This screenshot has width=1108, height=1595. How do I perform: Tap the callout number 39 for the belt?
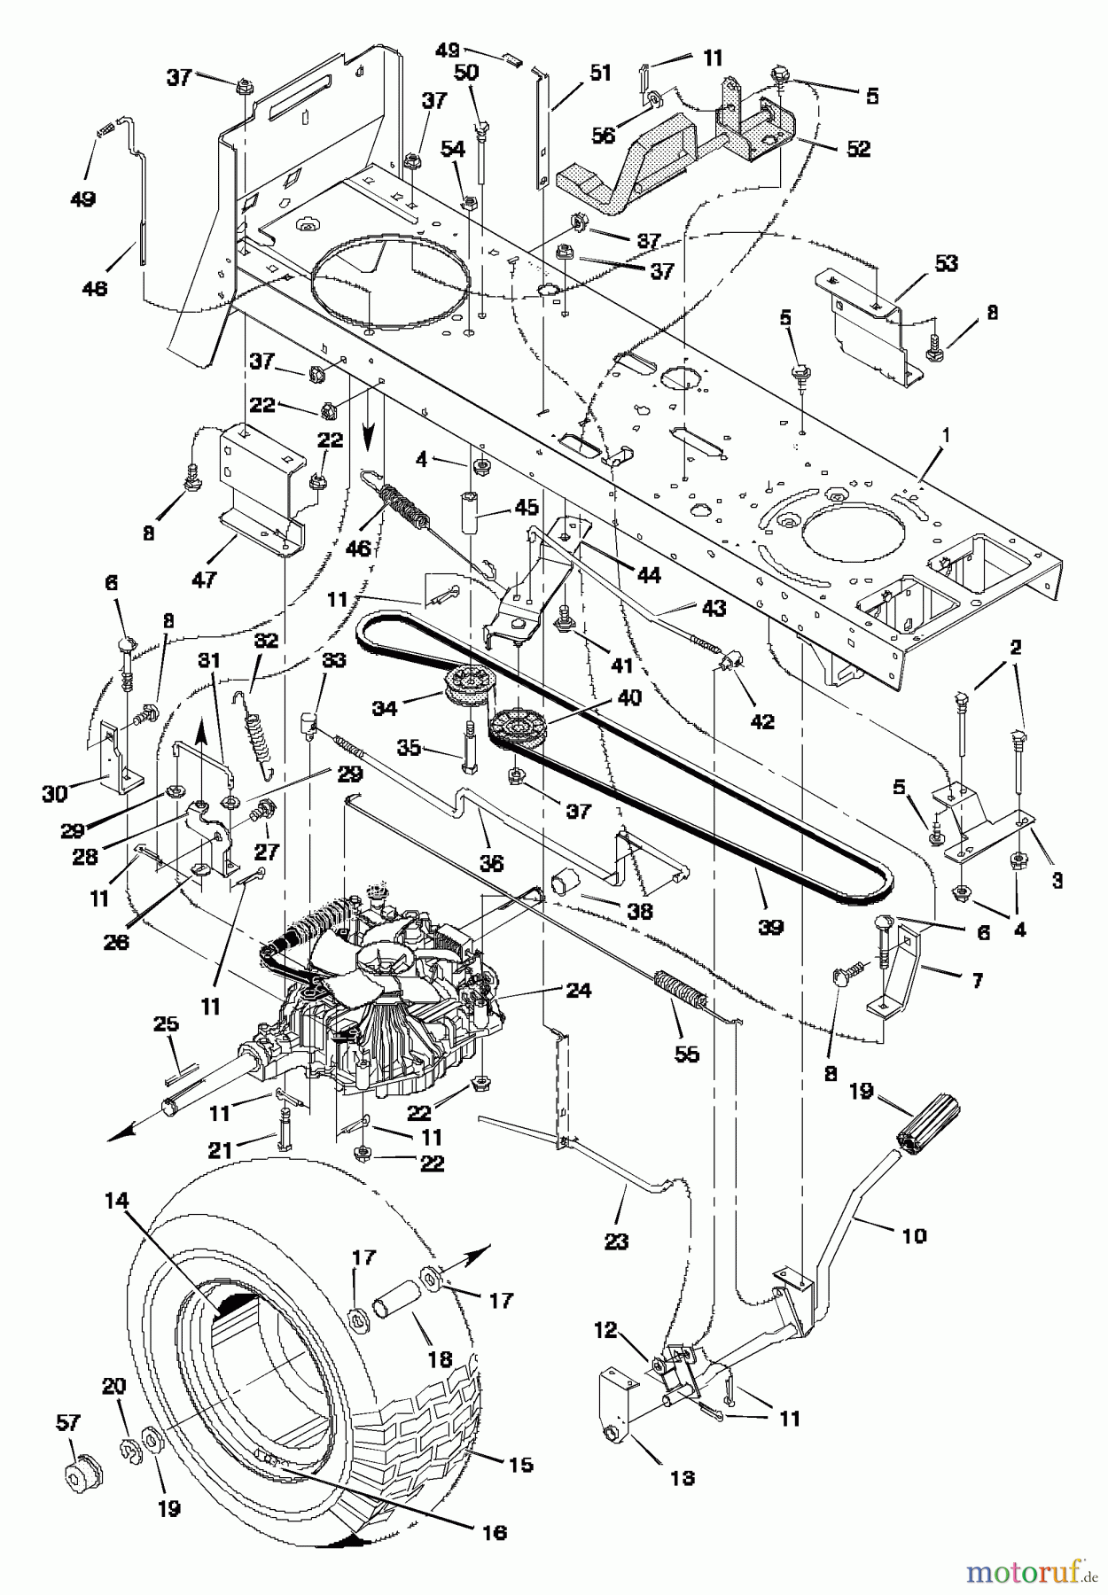(x=770, y=927)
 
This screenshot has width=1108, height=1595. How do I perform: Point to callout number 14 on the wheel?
(x=117, y=1202)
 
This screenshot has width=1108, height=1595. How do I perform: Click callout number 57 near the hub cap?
(x=67, y=1423)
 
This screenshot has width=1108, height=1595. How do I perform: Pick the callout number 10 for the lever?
(x=914, y=1234)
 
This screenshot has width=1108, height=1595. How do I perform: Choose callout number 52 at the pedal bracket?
(x=858, y=149)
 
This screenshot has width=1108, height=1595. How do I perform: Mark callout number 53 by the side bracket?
(x=946, y=263)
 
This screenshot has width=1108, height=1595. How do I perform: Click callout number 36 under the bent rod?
(x=490, y=863)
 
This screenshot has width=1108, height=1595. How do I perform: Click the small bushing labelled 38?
(x=564, y=882)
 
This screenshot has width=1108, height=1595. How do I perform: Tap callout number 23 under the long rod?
(x=616, y=1242)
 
